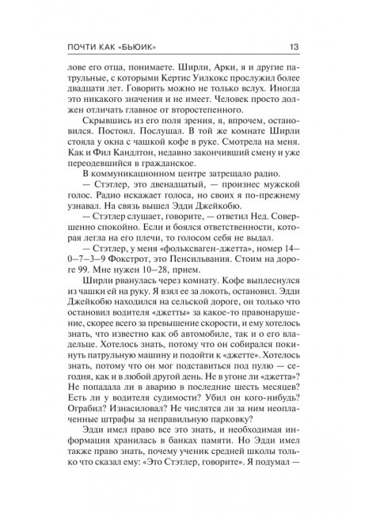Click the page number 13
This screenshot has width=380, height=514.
(315, 45)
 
